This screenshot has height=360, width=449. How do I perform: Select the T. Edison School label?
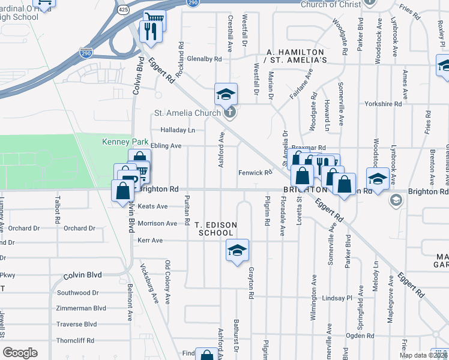(215, 229)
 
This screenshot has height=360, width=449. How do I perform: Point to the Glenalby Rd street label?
(205, 59)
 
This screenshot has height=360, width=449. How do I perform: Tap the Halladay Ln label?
(178, 130)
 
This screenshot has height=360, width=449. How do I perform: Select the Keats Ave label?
(152, 206)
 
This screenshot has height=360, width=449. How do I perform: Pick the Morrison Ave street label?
(158, 223)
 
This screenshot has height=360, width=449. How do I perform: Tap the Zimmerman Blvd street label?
(81, 308)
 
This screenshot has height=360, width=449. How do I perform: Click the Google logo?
(20, 353)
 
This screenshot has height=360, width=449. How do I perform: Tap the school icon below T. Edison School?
(237, 250)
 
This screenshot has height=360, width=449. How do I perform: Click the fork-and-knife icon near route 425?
(151, 31)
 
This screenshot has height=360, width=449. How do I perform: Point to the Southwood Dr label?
(77, 293)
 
